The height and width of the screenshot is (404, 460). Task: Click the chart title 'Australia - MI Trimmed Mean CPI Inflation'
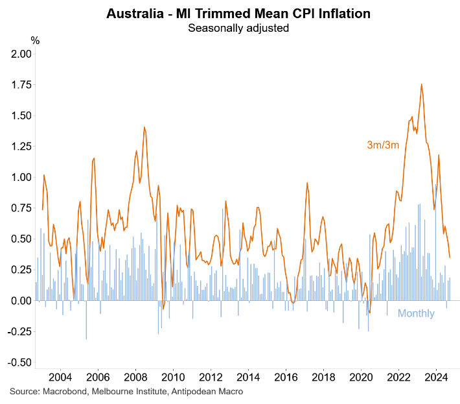230,12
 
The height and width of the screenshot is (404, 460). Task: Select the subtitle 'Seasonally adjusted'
230,28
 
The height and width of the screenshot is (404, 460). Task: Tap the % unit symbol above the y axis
35,41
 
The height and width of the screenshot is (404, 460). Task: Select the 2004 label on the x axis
60,377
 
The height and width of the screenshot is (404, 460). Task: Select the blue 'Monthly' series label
416,314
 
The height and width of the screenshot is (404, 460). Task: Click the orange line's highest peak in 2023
422,84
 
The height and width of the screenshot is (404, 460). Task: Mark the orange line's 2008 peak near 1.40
144,127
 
